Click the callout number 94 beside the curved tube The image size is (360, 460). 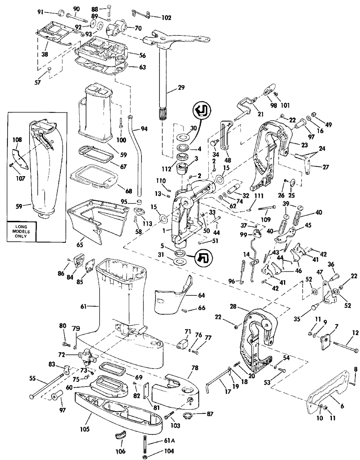(144, 129)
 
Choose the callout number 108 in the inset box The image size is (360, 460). (17, 139)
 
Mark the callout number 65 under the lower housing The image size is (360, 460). (80, 245)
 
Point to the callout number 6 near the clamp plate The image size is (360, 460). (342, 406)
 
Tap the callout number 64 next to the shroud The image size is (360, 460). (201, 295)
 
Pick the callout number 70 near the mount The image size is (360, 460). (138, 27)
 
